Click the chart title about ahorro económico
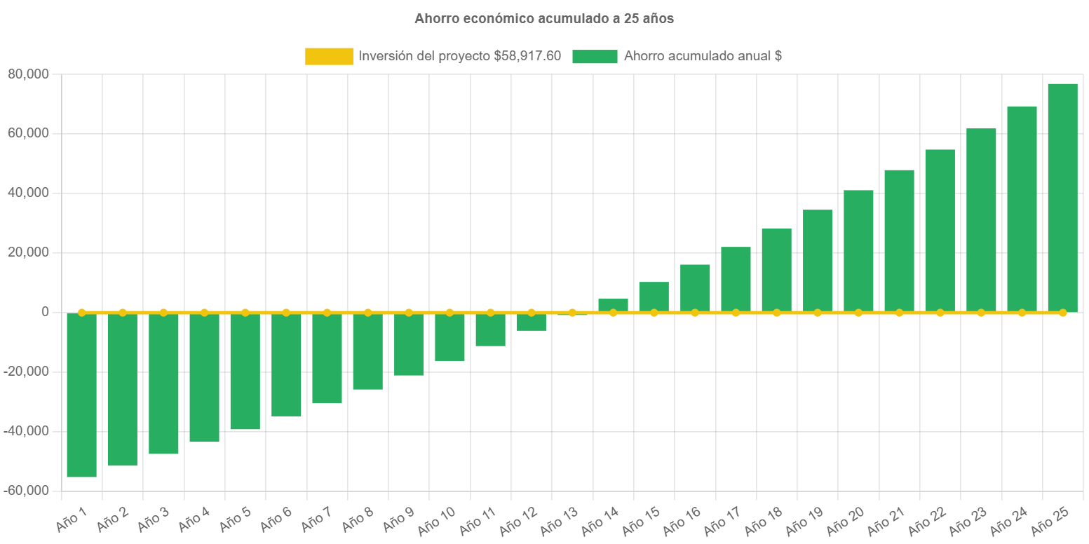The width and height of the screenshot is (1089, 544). [x=543, y=19]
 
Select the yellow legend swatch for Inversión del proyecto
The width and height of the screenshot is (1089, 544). [x=329, y=57]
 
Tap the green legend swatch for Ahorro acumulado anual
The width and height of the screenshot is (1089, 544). [x=595, y=57]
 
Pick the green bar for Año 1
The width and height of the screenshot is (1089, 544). [x=81, y=395]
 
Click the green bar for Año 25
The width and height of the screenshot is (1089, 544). [x=1062, y=198]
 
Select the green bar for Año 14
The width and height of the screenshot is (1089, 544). [x=613, y=305]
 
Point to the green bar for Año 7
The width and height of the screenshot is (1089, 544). [x=327, y=358]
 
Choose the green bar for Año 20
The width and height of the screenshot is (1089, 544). [x=858, y=251]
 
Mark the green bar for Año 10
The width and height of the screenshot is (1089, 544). [x=449, y=337]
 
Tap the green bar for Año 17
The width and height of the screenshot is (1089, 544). [x=736, y=279]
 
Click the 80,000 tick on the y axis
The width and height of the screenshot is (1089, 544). [x=29, y=74]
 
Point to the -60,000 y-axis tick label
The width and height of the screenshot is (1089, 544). [x=26, y=490]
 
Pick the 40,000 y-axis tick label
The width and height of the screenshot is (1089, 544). [x=29, y=193]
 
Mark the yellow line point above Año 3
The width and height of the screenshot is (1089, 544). [x=163, y=312]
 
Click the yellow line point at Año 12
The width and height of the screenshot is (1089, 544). [x=531, y=312]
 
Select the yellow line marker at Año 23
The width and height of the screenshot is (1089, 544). [x=981, y=312]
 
